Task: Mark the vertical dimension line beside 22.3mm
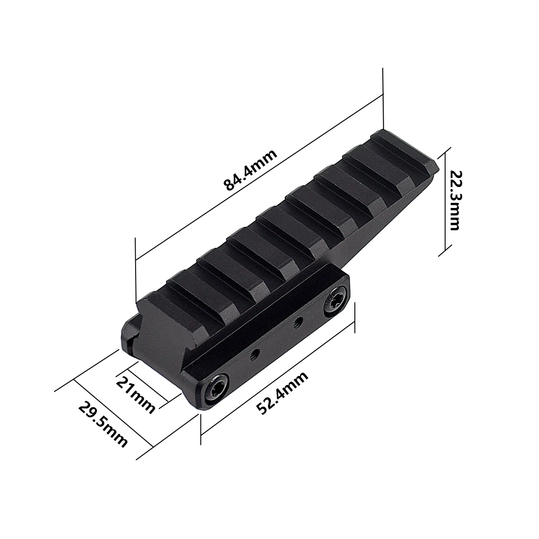point(445,202)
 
